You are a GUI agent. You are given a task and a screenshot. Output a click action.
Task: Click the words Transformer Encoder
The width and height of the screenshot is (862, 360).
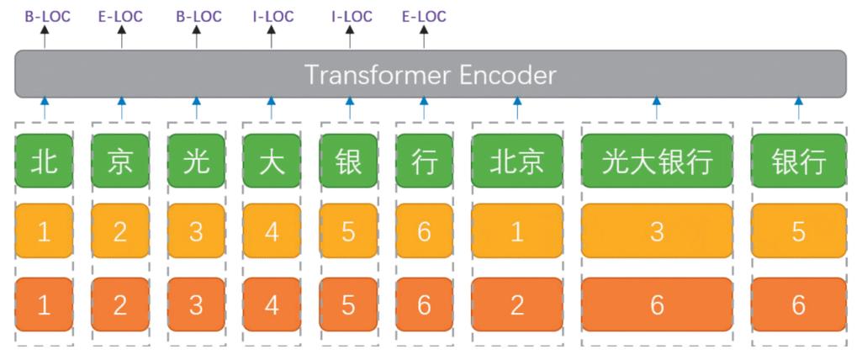(430, 75)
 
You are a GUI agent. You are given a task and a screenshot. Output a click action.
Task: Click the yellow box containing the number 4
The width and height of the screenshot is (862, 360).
(272, 231)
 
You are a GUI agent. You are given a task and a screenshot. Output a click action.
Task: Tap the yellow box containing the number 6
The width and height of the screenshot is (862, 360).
(424, 231)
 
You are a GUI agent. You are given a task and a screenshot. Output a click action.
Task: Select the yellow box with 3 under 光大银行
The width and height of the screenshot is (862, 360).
(657, 231)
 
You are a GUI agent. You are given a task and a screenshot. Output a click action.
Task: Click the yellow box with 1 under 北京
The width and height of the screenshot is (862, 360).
(516, 231)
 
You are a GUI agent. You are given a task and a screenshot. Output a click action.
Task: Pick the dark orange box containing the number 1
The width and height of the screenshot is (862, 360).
(45, 304)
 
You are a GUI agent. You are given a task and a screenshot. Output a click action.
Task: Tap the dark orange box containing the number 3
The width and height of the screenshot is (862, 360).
(196, 304)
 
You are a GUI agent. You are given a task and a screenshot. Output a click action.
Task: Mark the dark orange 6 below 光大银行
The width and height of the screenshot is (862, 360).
(657, 304)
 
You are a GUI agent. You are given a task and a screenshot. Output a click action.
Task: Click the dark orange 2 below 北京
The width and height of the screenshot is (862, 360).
(516, 304)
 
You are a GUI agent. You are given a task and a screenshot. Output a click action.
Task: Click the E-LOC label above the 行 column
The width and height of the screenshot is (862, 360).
(424, 16)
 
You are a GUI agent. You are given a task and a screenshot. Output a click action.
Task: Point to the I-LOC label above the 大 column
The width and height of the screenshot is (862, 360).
(272, 16)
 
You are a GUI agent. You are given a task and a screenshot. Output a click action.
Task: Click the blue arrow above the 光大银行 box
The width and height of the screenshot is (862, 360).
(657, 109)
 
